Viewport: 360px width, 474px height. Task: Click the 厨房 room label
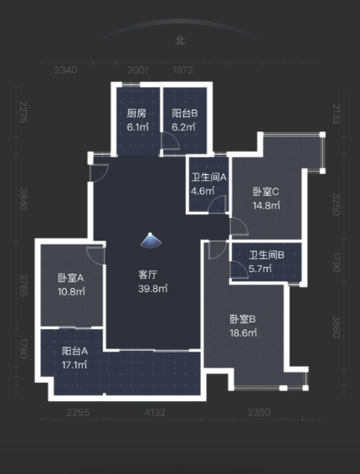point(136,113)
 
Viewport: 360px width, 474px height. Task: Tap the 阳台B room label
point(184,113)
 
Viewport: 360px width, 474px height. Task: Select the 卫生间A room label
point(208,177)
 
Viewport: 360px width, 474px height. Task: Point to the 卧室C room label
point(265,192)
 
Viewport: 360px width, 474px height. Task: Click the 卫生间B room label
point(266,255)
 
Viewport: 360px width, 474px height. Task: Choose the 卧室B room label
point(242,318)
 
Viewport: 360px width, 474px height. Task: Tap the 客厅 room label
point(149,275)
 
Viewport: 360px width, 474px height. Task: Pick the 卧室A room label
point(69,278)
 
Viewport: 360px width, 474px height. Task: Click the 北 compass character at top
point(179,39)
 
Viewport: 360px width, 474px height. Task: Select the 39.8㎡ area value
point(153,289)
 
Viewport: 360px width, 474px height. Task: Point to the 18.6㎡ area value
point(242,332)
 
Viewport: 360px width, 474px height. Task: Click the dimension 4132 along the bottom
point(156,411)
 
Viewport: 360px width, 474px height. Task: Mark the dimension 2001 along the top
point(138,70)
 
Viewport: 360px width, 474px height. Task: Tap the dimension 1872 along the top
point(183,70)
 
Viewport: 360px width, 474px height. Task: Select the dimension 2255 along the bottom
point(78,411)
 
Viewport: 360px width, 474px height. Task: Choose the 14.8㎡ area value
point(266,206)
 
